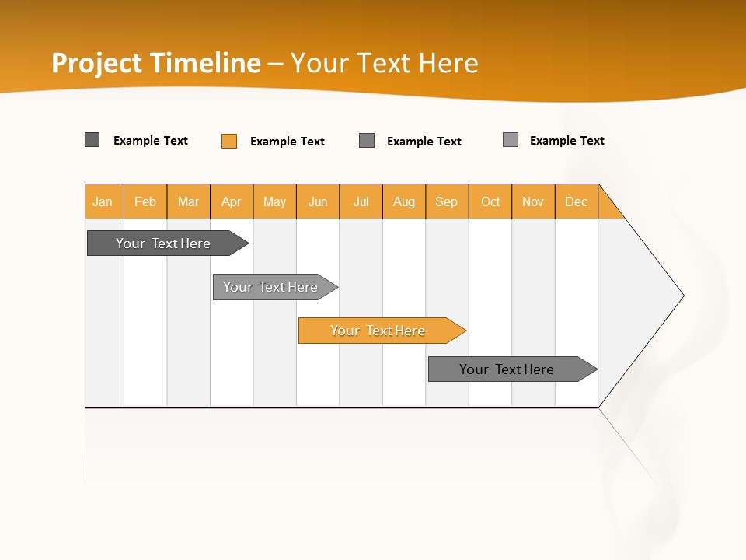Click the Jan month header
[x=103, y=201]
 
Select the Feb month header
[x=145, y=201]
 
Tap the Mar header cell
[x=188, y=201]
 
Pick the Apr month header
[x=232, y=201]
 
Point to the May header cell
[x=274, y=201]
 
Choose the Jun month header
[x=318, y=201]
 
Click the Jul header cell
[x=361, y=201]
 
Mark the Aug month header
[x=404, y=201]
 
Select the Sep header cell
[x=447, y=201]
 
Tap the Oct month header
[x=490, y=201]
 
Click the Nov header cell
[x=533, y=201]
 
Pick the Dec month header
[x=577, y=201]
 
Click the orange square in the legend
[x=229, y=141]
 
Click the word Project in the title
[x=97, y=63]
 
